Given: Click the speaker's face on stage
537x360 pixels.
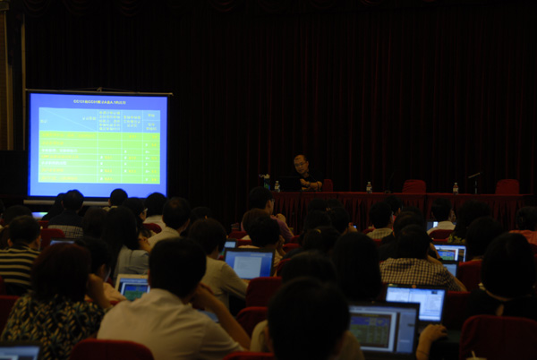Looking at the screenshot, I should tap(300, 164).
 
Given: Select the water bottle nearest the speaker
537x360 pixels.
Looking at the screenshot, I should tap(277, 186).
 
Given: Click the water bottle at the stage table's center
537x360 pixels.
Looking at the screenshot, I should tap(369, 187).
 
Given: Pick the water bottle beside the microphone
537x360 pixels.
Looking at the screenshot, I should tap(455, 188).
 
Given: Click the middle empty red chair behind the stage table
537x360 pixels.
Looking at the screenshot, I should tap(413, 186).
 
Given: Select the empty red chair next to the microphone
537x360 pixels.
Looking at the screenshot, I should tap(507, 186).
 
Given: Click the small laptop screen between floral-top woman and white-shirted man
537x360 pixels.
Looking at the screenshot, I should tap(133, 288).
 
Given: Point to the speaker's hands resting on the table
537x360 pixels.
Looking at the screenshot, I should tap(310, 185).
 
